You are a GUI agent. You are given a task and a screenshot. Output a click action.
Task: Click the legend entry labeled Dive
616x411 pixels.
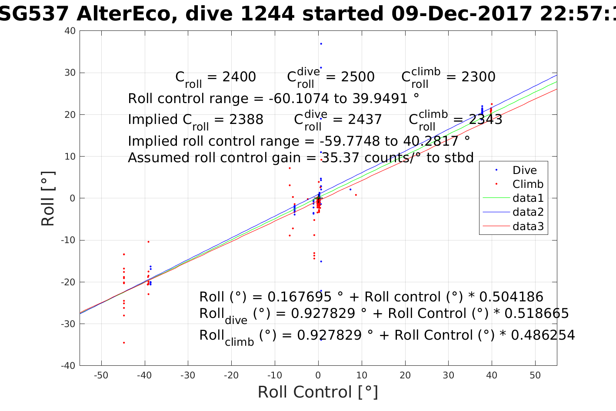click(x=524, y=170)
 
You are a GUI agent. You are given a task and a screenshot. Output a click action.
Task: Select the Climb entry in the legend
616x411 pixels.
click(x=528, y=184)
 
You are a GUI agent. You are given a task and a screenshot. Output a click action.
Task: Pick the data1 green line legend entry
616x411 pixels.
click(x=528, y=198)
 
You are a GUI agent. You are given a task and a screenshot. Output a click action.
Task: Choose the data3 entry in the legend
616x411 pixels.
click(x=528, y=226)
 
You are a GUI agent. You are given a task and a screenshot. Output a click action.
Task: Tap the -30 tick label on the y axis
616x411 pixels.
click(x=69, y=324)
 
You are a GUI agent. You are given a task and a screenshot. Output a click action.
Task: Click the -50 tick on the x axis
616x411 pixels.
click(x=101, y=375)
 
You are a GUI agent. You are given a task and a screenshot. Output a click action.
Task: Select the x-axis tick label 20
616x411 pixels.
click(x=405, y=375)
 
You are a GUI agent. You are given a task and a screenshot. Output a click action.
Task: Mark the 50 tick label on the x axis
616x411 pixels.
click(x=535, y=375)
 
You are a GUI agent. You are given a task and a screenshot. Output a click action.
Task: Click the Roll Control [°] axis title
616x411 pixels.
click(x=318, y=392)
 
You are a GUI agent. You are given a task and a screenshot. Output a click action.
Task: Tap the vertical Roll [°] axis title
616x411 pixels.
click(x=48, y=198)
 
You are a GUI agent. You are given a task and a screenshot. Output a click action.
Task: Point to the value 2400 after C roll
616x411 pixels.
click(x=239, y=77)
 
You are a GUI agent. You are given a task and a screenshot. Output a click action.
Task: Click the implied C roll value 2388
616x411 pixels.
click(x=246, y=120)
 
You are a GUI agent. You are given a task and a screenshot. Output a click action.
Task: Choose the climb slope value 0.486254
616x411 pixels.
click(x=543, y=335)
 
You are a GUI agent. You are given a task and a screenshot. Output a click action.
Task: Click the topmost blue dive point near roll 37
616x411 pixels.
click(x=321, y=44)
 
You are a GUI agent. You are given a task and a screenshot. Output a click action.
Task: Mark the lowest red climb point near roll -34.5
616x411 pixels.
click(x=124, y=343)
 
